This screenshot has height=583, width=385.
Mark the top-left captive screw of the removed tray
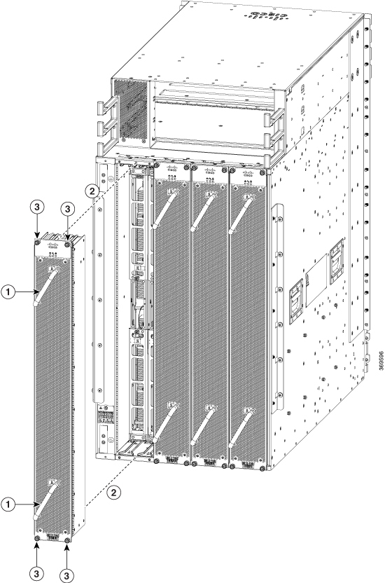coord(36,241)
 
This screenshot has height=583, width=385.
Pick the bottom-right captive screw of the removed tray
coord(66,540)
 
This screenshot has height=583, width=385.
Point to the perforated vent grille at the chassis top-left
coord(132,104)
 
